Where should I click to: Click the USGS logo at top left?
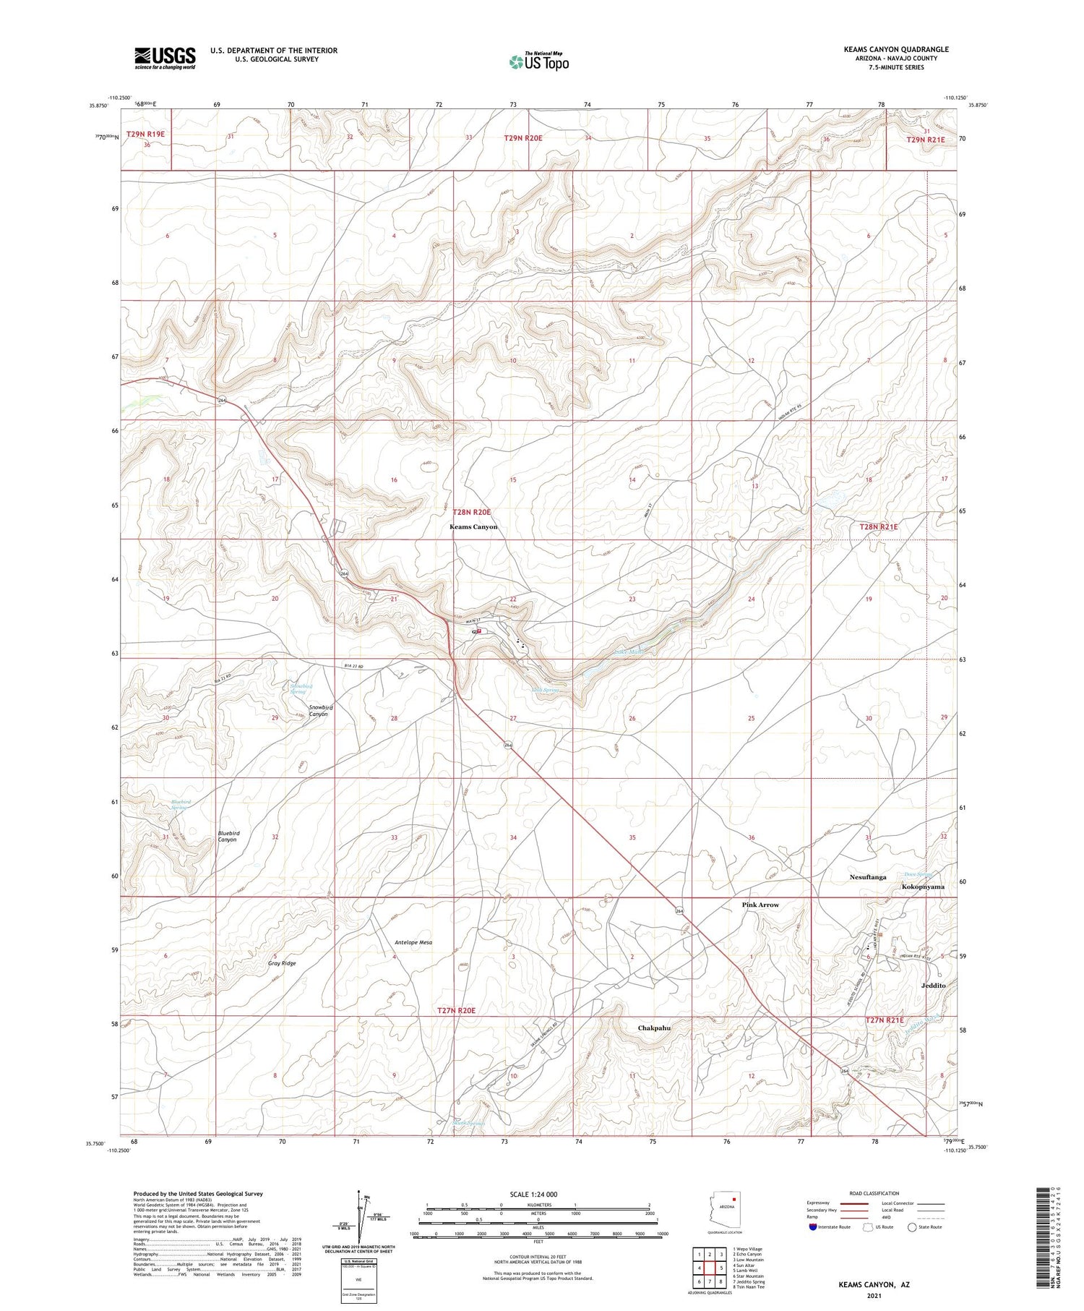[165, 58]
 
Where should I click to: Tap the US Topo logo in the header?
[539, 62]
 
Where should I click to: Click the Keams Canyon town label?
[473, 527]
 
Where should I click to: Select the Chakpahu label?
[654, 1028]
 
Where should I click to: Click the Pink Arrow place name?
[760, 905]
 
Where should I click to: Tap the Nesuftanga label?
[868, 877]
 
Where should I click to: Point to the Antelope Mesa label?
[413, 942]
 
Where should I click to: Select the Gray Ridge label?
[282, 963]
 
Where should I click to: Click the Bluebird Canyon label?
[228, 836]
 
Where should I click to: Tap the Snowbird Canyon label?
[319, 710]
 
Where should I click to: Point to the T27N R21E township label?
[885, 1020]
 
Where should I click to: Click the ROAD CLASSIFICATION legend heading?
[874, 1193]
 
